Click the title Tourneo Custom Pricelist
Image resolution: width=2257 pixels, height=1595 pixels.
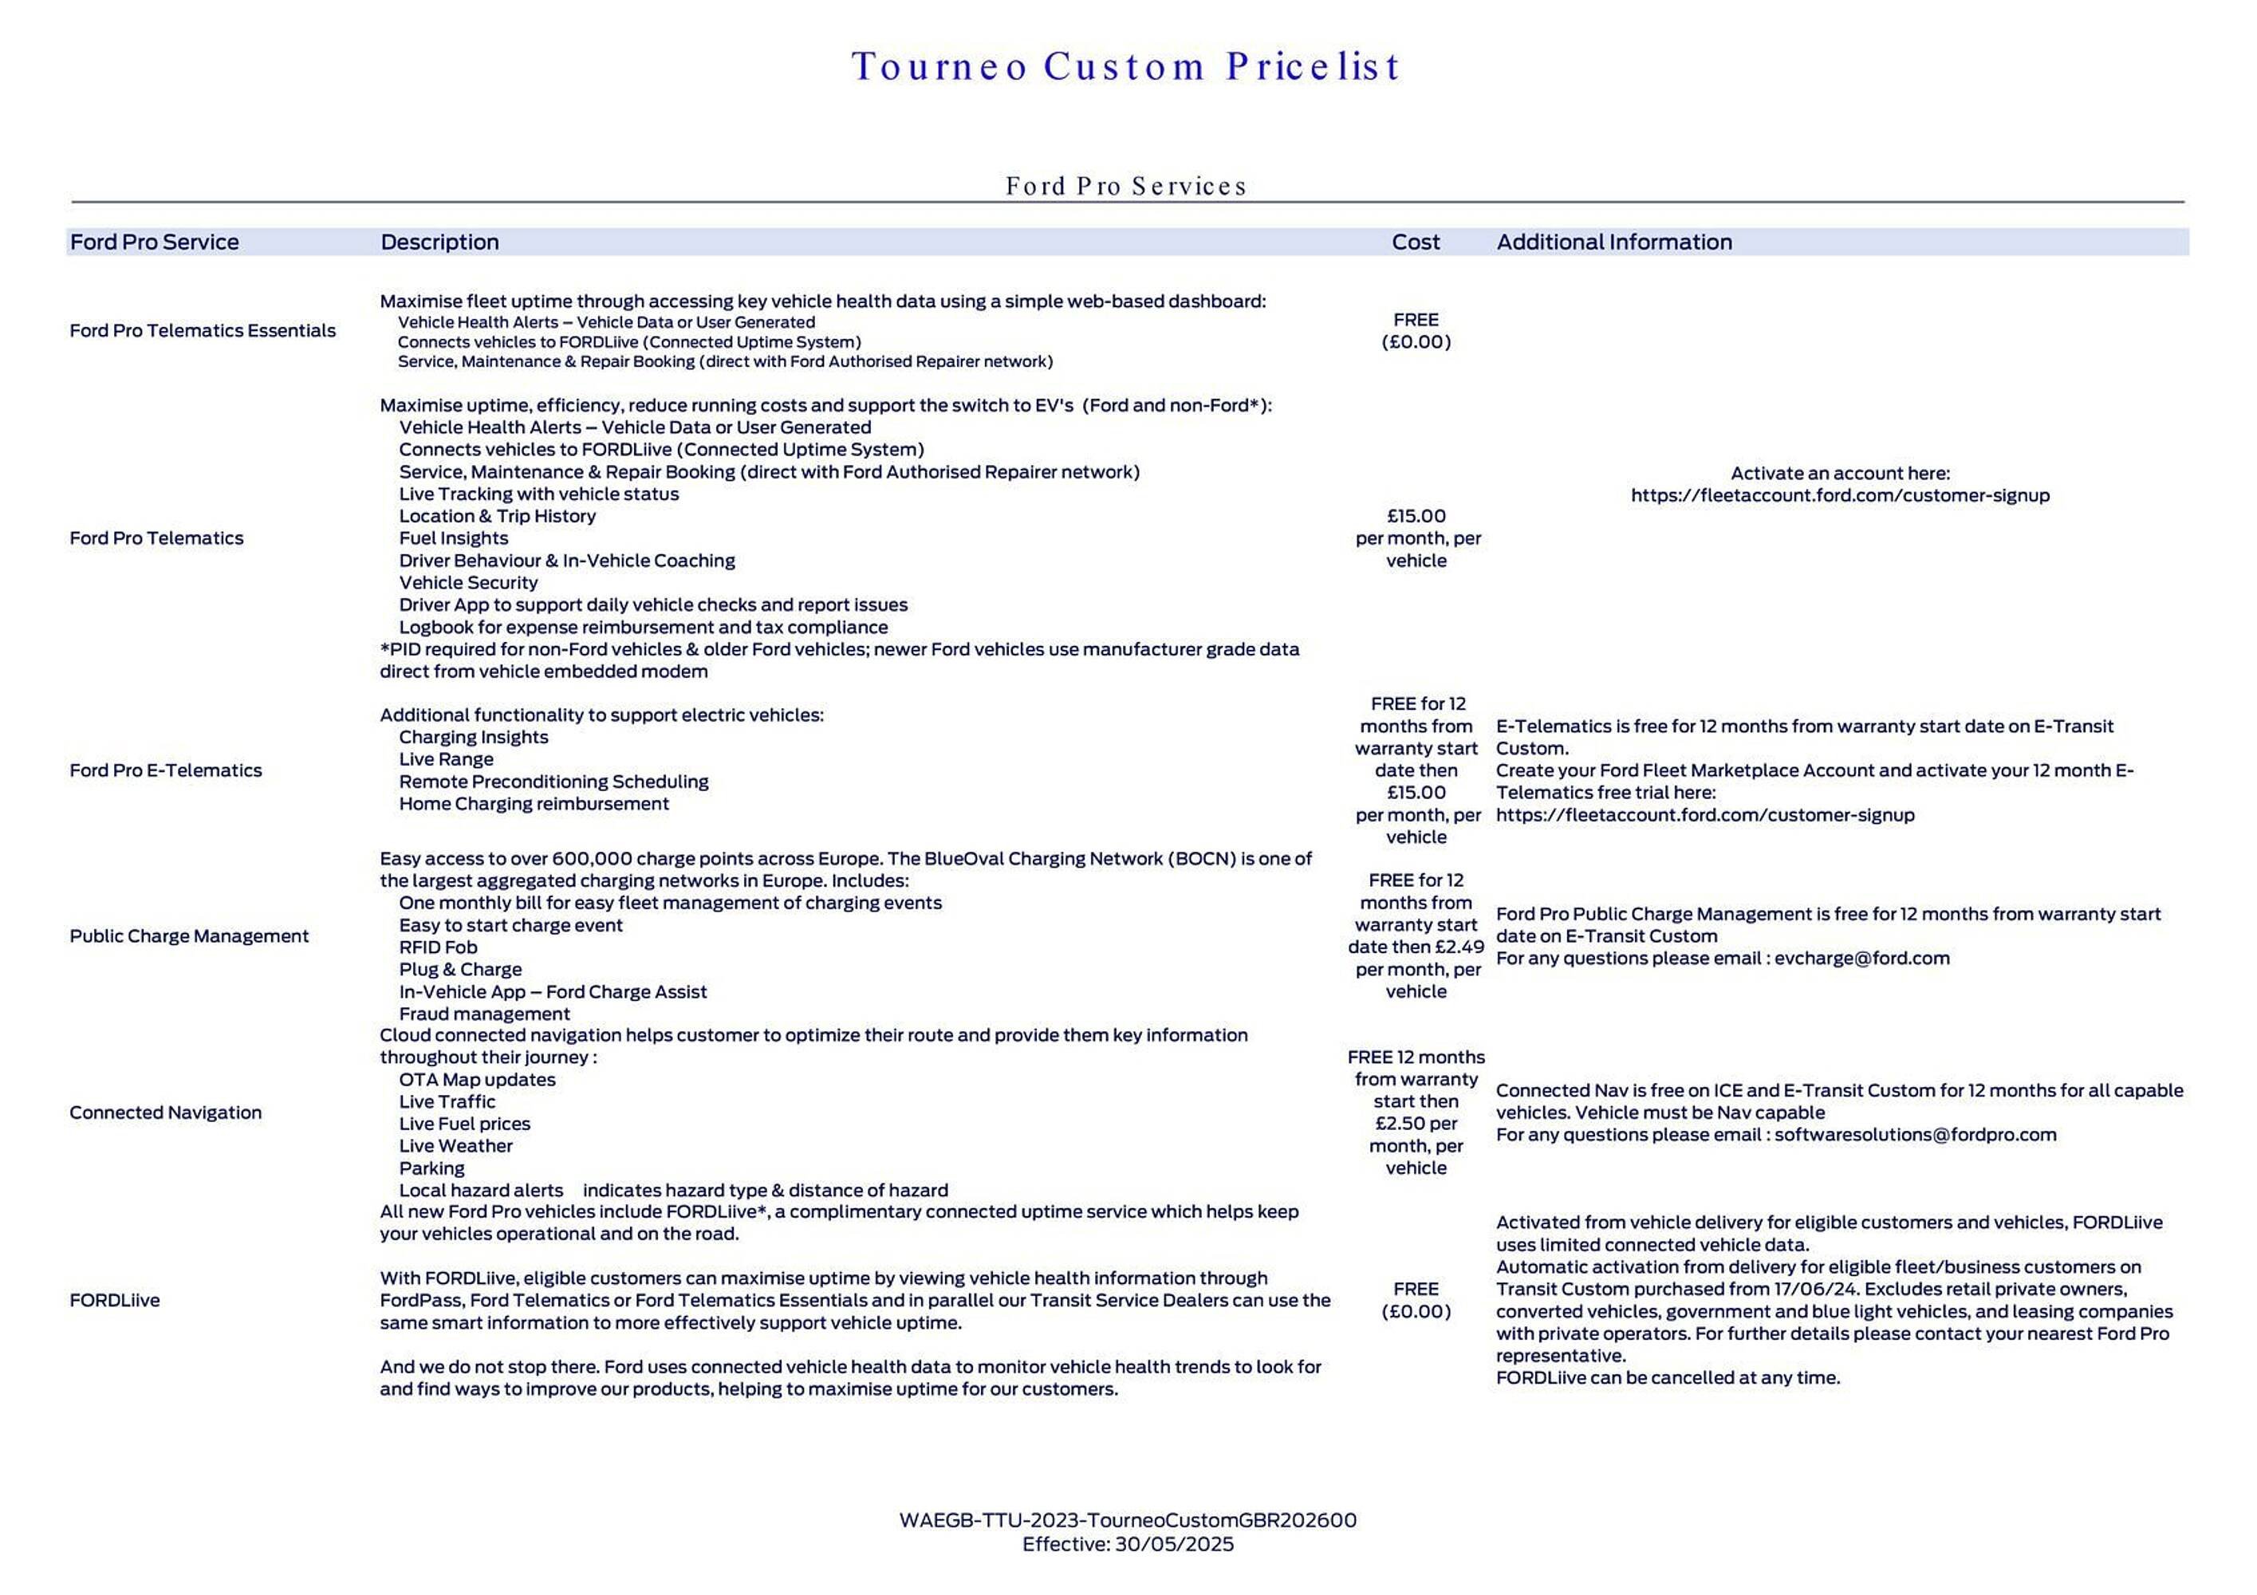pos(1127,67)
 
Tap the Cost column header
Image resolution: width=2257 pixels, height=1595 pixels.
pos(1415,242)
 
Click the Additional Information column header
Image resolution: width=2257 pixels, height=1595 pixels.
pos(1613,242)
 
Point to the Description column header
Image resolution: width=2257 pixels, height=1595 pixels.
pos(439,242)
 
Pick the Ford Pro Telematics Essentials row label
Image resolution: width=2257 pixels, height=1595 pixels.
pos(203,330)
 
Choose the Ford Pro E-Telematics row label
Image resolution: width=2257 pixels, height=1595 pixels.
pos(166,770)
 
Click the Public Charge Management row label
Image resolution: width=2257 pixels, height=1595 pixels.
pos(189,935)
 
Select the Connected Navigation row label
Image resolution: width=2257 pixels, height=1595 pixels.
pos(165,1113)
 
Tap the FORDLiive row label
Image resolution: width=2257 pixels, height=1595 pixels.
pos(114,1300)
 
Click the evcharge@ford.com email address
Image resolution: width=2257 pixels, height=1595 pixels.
pos(1861,958)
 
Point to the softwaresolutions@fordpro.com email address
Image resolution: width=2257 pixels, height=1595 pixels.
pos(1915,1134)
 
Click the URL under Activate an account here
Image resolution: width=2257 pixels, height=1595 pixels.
pos(1839,495)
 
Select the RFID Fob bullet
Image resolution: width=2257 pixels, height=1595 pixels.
pos(437,947)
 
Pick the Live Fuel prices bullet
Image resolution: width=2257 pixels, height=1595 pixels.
pos(464,1124)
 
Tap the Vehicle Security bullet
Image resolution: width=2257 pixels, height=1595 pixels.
pos(468,583)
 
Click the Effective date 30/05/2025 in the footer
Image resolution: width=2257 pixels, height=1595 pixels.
pos(1174,1544)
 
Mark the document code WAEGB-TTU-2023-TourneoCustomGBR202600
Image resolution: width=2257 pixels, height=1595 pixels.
pos(1128,1520)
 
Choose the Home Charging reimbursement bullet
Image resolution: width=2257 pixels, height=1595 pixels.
pos(533,804)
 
